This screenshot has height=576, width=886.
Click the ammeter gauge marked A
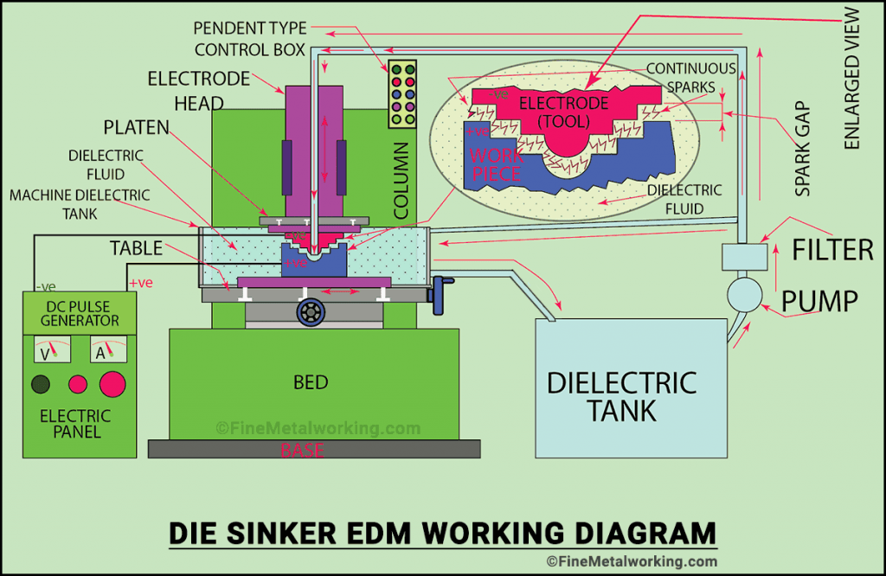[x=102, y=350]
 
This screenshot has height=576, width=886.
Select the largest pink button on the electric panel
[x=112, y=383]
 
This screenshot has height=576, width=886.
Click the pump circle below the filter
[x=743, y=295]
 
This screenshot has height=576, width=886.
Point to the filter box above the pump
[x=743, y=256]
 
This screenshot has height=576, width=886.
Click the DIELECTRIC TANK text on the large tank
[x=621, y=396]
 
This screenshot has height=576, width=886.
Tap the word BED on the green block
[x=310, y=381]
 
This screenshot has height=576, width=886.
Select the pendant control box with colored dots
[x=403, y=94]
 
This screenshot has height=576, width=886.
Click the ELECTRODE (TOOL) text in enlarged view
[x=563, y=112]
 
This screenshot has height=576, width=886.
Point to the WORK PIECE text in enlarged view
[x=496, y=164]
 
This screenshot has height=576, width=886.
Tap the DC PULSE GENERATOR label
[x=79, y=313]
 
